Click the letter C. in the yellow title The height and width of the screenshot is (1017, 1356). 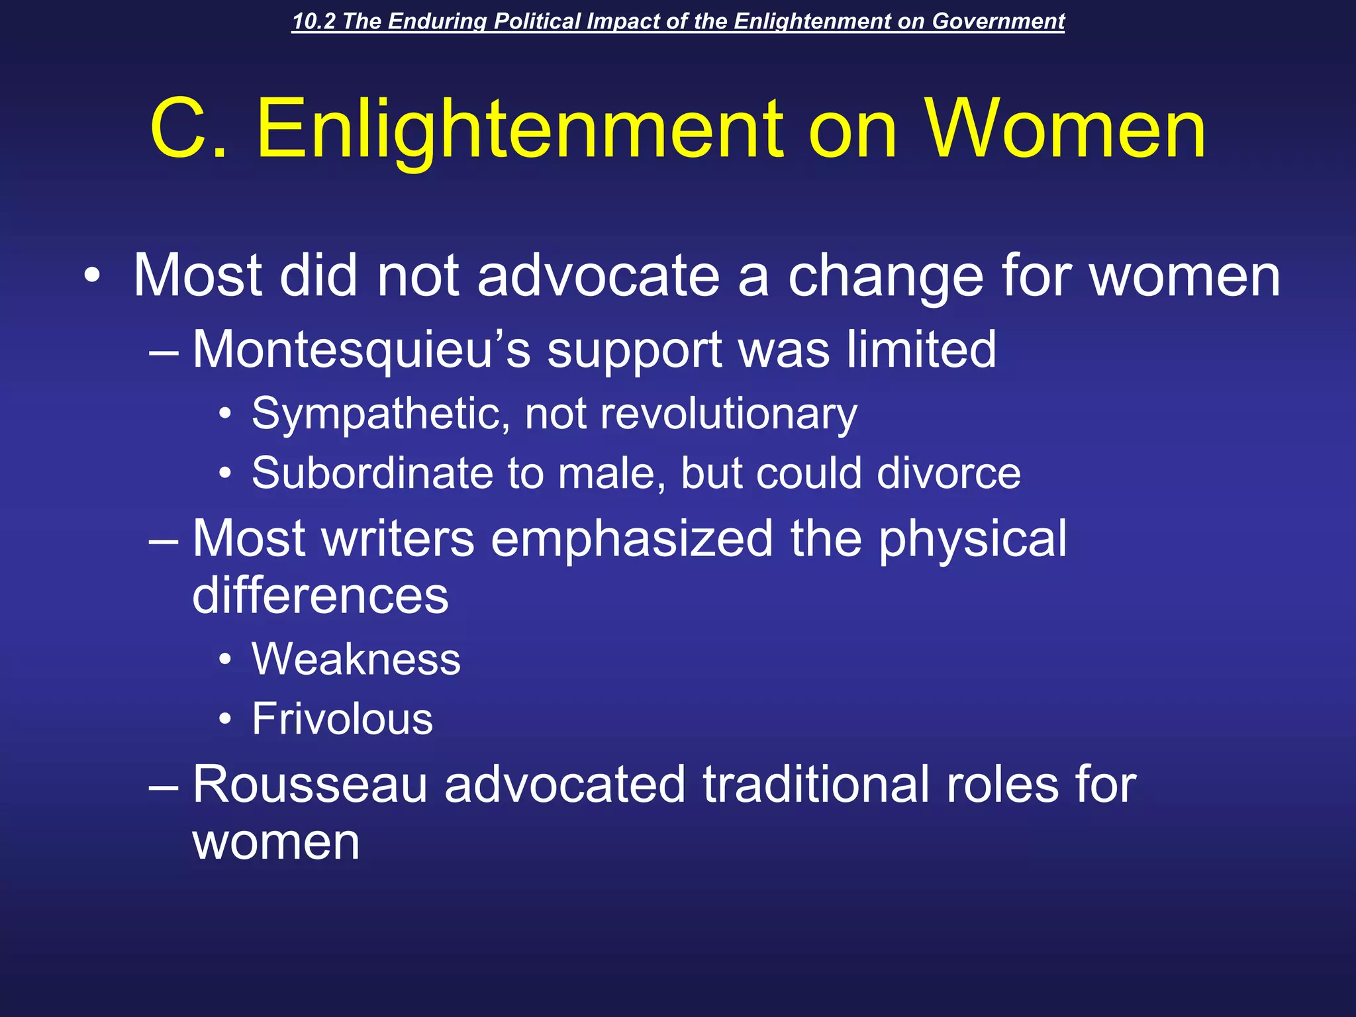(x=189, y=128)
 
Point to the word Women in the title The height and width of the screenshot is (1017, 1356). (x=1065, y=128)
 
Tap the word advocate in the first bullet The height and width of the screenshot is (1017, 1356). (x=598, y=276)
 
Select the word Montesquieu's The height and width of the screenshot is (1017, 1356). (x=362, y=349)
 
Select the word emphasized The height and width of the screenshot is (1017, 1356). (x=632, y=538)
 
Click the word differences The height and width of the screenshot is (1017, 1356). (x=320, y=595)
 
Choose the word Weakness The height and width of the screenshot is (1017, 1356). (x=356, y=659)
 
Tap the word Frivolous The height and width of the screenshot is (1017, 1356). (x=342, y=719)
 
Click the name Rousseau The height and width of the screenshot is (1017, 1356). (x=310, y=785)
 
